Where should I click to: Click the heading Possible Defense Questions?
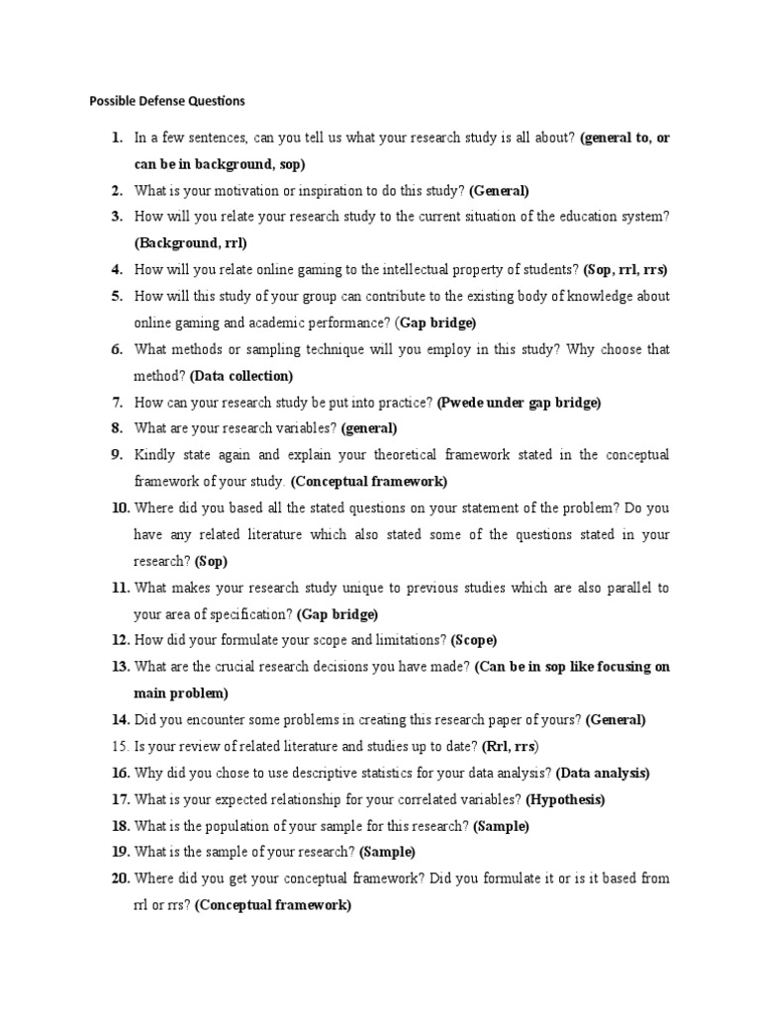click(x=166, y=101)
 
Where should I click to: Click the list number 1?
click(x=117, y=138)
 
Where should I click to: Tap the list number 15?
click(x=119, y=746)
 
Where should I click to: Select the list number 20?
click(x=121, y=878)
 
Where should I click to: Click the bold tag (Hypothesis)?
click(x=565, y=799)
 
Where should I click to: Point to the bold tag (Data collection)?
click(x=241, y=376)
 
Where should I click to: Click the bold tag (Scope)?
click(x=474, y=640)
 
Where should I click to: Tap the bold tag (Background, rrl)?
click(x=190, y=242)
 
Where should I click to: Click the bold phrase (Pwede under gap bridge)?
click(x=519, y=403)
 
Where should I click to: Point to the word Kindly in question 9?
click(x=153, y=455)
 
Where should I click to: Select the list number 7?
click(x=117, y=403)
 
